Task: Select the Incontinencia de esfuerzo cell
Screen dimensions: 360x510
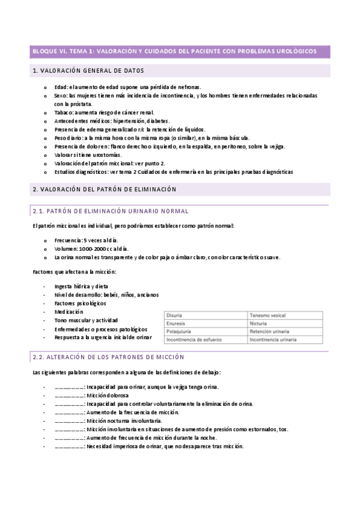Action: [192, 339]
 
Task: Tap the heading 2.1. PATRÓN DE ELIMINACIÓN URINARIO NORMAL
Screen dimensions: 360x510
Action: [110, 211]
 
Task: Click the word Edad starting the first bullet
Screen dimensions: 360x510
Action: [61, 87]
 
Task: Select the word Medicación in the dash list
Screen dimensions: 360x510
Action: [68, 312]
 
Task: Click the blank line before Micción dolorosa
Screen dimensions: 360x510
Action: [69, 396]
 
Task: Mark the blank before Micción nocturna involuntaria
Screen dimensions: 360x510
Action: [69, 421]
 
